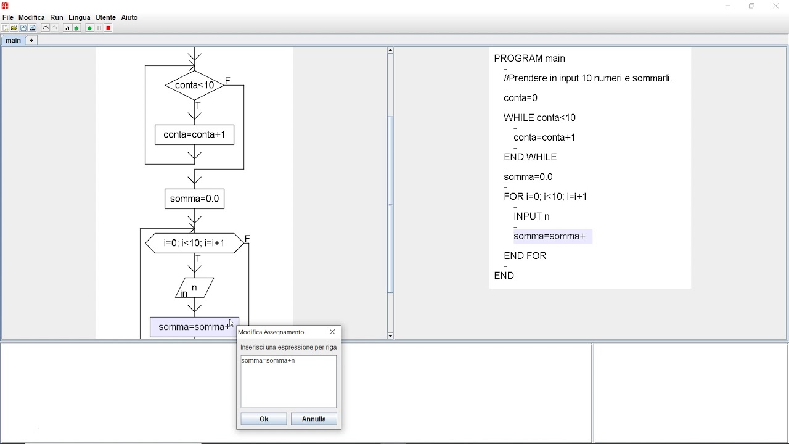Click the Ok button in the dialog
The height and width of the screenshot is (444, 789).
point(263,419)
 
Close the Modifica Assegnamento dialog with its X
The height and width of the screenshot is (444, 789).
point(332,332)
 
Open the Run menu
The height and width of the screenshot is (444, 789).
point(56,17)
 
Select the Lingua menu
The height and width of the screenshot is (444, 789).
point(80,17)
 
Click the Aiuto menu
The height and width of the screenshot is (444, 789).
point(129,17)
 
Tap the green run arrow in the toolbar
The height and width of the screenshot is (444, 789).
point(89,28)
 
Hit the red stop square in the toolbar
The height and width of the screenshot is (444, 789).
point(108,28)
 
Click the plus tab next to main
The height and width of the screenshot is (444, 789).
point(31,41)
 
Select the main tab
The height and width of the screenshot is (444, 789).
point(13,41)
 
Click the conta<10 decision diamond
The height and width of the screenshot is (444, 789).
point(194,85)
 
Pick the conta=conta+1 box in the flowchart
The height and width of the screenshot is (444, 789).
point(194,134)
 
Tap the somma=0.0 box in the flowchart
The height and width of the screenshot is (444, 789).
point(194,199)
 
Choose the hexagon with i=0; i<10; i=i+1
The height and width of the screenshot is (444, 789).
point(194,243)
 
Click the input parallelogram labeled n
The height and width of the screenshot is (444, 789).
point(194,288)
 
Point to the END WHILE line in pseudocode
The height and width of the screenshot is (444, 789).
point(530,157)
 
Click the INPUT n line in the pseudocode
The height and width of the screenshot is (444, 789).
point(531,216)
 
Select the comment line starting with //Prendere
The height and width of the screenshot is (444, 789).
point(588,78)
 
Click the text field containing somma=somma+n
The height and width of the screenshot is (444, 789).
point(288,381)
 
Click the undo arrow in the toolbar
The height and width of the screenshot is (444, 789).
point(46,28)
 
